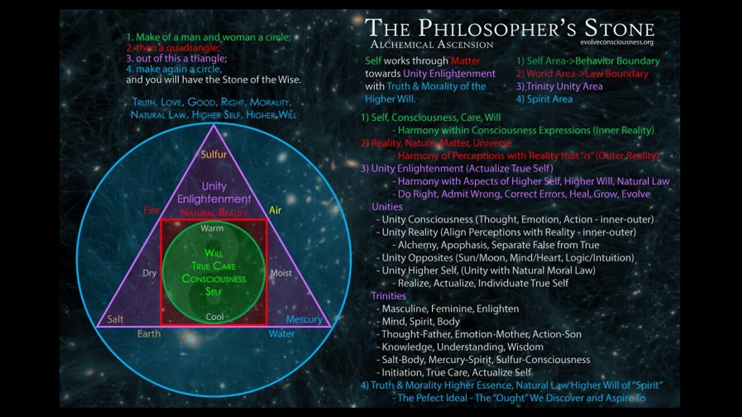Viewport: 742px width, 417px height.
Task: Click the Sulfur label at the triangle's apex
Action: tap(213, 155)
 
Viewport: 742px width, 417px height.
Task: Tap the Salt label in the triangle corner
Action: tap(115, 319)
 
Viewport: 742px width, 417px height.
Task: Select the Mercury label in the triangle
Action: tap(304, 319)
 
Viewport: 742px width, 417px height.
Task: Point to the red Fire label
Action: tap(151, 210)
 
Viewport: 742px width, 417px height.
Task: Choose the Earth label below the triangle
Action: tap(149, 334)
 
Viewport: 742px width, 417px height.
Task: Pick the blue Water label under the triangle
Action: tap(281, 334)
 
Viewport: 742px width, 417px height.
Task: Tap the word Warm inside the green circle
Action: tap(212, 228)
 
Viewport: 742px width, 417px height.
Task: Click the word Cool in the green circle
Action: tap(214, 317)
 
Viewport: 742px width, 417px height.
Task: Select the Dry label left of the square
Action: tap(150, 273)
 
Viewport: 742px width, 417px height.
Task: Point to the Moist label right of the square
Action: tap(281, 273)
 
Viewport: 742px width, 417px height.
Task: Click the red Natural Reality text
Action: tap(214, 213)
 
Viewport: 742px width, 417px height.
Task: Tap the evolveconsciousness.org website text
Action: tap(617, 42)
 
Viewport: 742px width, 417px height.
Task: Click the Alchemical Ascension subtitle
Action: tap(432, 45)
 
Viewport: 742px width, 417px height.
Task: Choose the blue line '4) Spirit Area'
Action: tap(544, 99)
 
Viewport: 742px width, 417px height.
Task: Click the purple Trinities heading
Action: tap(390, 296)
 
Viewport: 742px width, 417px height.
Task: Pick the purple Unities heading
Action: tap(387, 207)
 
